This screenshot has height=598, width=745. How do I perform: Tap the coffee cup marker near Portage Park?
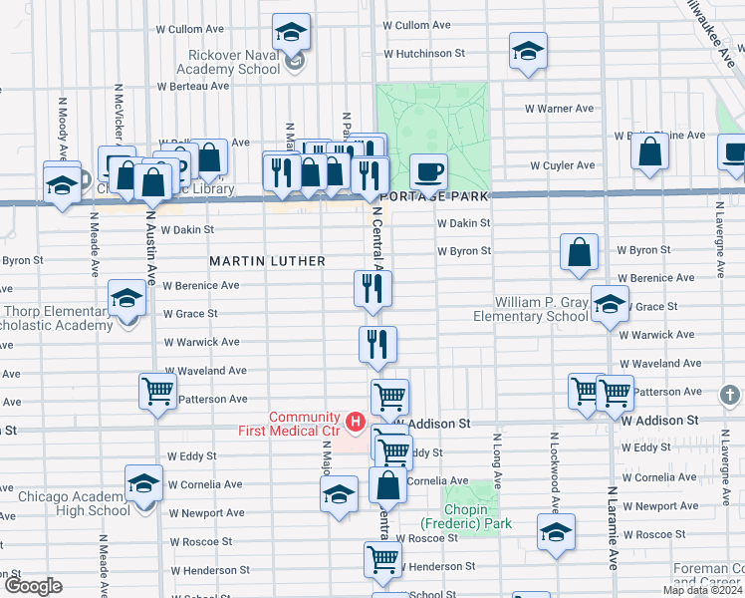pyautogui.click(x=428, y=172)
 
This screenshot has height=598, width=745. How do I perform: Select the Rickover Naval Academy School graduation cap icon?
pyautogui.click(x=292, y=33)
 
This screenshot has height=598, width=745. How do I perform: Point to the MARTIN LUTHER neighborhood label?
pyautogui.click(x=267, y=261)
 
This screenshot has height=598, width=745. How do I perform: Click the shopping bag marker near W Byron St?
pyautogui.click(x=580, y=253)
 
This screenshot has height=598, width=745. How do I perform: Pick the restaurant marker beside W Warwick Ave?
pyautogui.click(x=377, y=345)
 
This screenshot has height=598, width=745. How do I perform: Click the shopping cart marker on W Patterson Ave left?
pyautogui.click(x=157, y=393)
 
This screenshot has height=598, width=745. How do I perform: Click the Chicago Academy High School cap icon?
pyautogui.click(x=144, y=484)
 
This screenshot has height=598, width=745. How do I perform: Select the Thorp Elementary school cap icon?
pyautogui.click(x=127, y=298)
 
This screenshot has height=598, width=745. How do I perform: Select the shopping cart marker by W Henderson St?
pyautogui.click(x=382, y=561)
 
